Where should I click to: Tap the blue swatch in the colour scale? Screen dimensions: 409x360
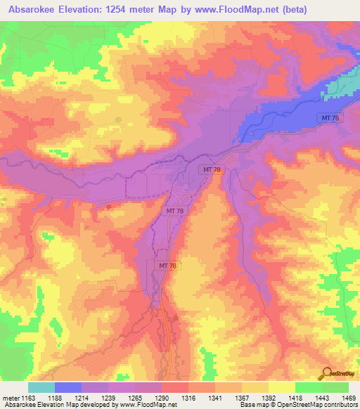[68, 387]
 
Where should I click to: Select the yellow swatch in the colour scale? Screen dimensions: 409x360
[282, 387]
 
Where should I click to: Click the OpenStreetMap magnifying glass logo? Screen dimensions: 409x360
[327, 373]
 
